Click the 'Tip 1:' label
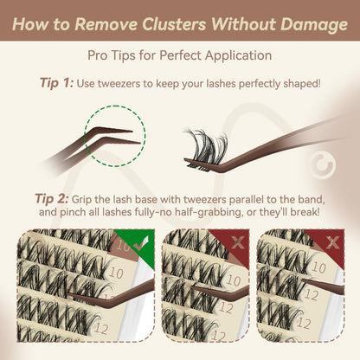pos(59,84)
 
